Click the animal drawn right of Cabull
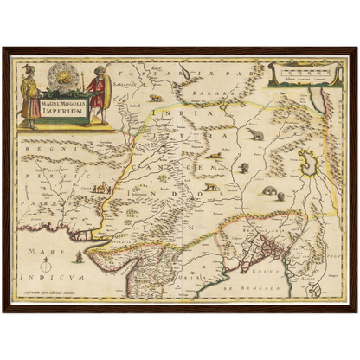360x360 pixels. tap(155, 98)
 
